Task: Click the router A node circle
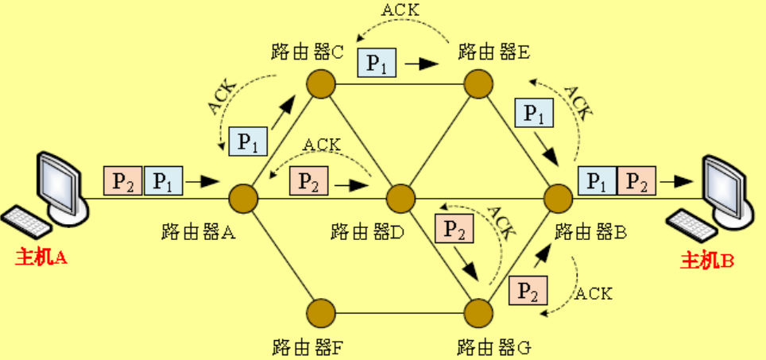tap(243, 196)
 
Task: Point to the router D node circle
tap(400, 196)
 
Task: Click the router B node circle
tap(558, 196)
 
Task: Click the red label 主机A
tap(41, 257)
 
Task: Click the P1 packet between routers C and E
tap(377, 63)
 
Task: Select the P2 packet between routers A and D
tap(309, 182)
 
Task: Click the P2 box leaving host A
tap(122, 181)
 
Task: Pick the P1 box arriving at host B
tap(598, 180)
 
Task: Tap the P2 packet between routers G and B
tap(528, 292)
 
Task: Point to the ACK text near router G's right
tap(594, 293)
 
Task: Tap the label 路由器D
tap(368, 232)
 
